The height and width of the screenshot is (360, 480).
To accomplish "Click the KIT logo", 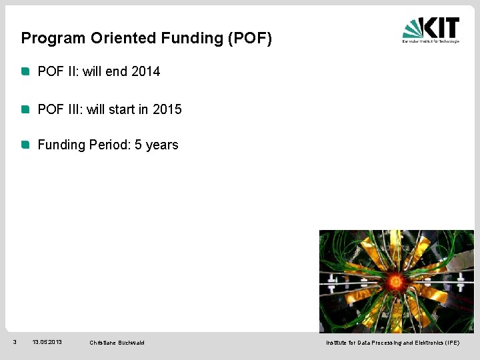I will point(430,30).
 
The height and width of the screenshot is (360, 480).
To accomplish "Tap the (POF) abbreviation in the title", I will point(250,38).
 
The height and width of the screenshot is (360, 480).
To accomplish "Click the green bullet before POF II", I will point(25,71).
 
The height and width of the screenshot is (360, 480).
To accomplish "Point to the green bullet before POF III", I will point(25,109).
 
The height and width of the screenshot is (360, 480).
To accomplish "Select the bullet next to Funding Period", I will point(25,145).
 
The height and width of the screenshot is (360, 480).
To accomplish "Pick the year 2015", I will point(167,109).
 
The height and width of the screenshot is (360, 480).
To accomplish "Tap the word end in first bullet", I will point(117,71).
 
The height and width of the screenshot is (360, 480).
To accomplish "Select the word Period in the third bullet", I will point(110,145).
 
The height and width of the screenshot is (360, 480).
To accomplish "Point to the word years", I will point(162,145).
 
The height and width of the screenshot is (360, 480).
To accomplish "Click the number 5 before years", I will point(138,145).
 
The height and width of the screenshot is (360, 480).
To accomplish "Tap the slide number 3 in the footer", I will point(15,342).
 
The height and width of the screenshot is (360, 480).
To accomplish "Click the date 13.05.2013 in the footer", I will point(47,342).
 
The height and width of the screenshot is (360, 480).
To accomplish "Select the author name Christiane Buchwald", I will point(117,343).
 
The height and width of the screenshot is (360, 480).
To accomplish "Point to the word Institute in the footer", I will point(335,343).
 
